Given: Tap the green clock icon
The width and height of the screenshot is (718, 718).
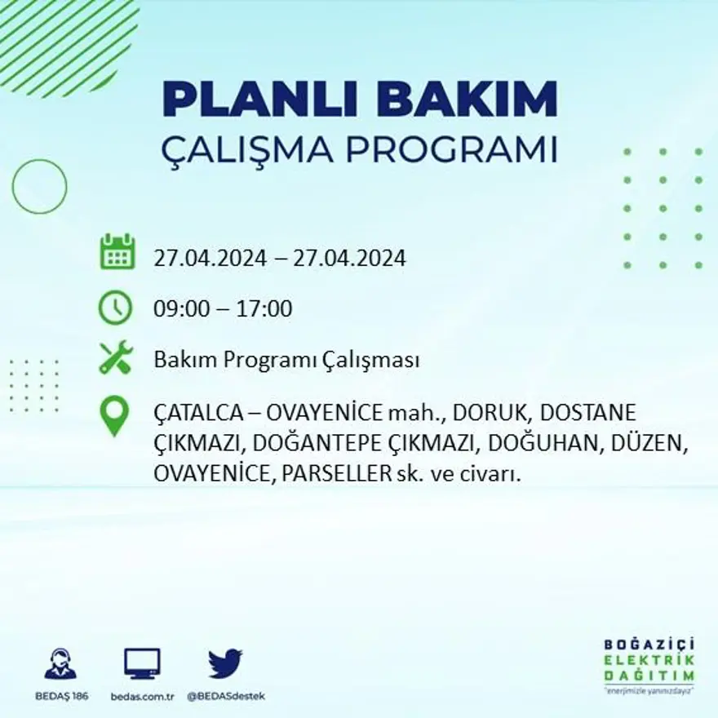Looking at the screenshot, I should (x=115, y=308).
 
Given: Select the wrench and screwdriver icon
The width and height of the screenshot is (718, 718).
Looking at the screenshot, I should (x=115, y=357).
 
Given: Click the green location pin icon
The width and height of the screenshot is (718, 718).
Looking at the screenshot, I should (x=114, y=415).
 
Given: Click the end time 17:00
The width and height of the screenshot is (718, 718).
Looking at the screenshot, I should (x=264, y=309).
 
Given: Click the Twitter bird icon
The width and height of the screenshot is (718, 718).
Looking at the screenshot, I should (x=225, y=663).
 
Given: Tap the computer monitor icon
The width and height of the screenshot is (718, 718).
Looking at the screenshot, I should (x=142, y=663).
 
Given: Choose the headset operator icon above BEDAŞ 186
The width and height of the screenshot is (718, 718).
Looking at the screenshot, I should (x=60, y=664).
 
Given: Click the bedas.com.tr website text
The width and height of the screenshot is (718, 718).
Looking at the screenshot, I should (x=142, y=696).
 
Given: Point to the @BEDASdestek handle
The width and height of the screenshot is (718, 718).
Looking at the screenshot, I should (x=226, y=696).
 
